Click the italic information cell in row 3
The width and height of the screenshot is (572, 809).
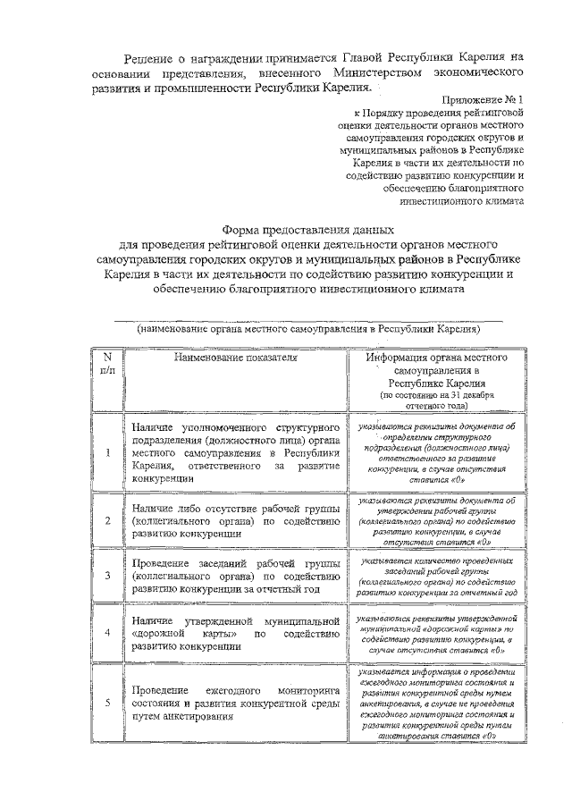pos(434,575)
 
